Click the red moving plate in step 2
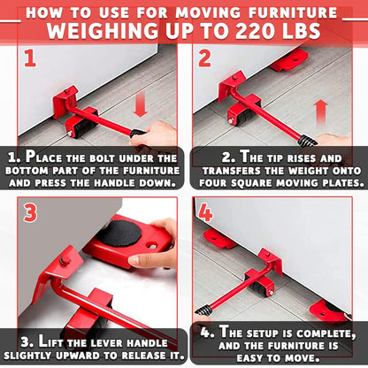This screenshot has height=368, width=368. [x=288, y=61]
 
